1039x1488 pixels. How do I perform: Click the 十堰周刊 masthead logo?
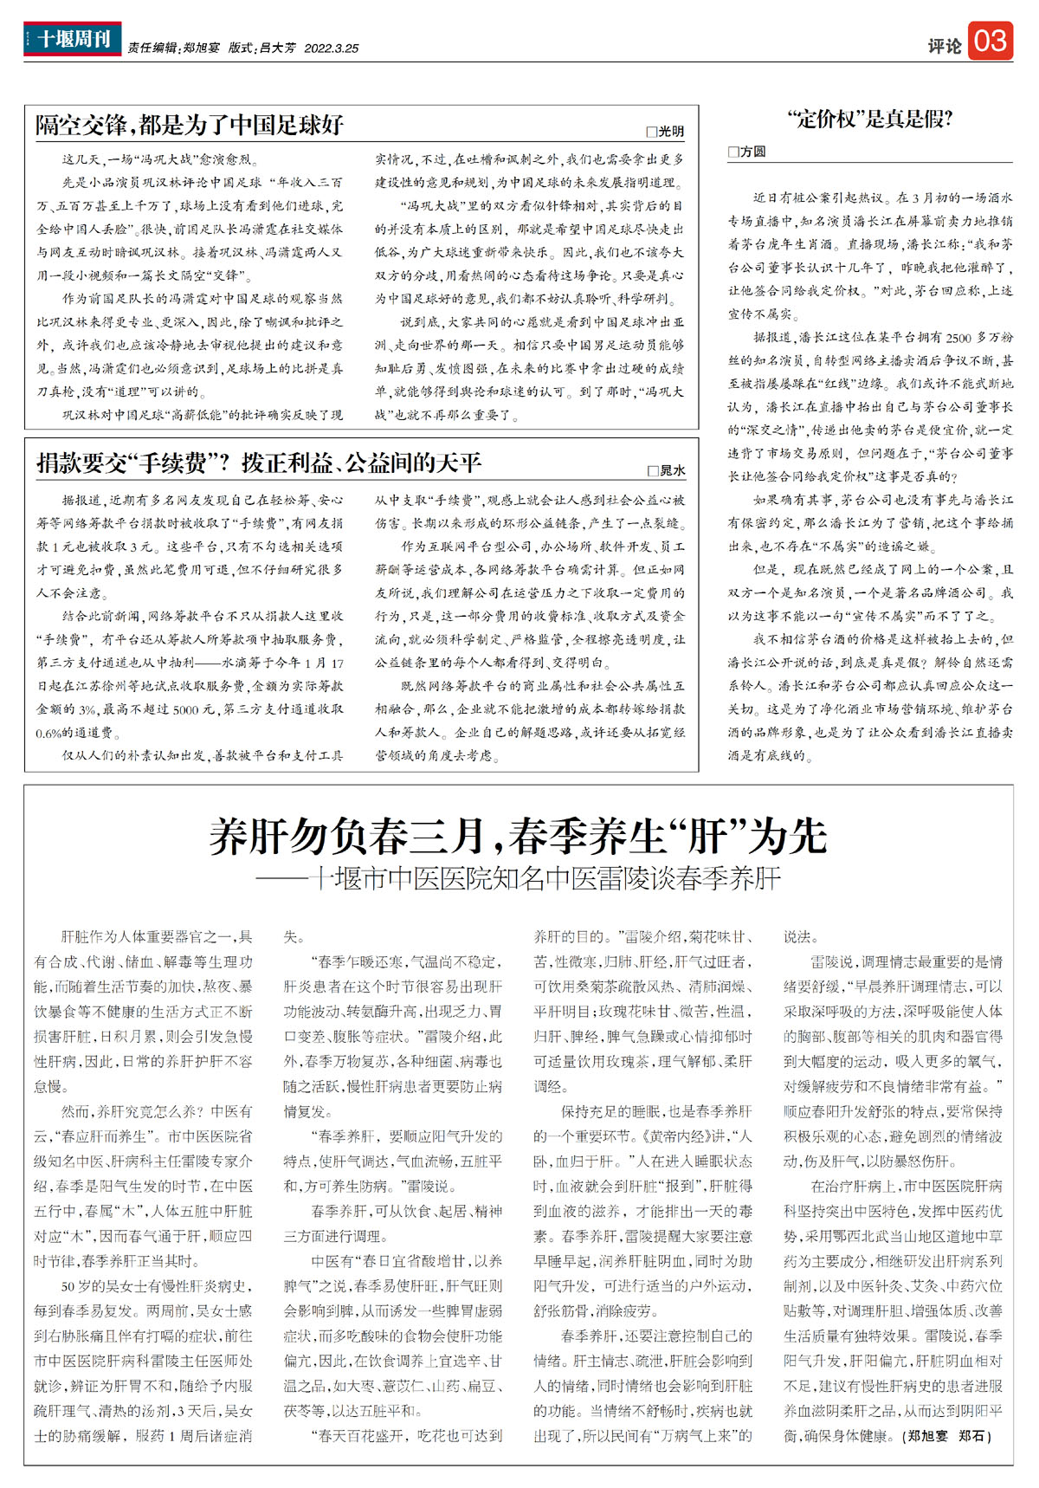pos(73,39)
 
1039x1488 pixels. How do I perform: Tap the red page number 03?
pos(991,41)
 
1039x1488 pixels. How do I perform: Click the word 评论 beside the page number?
pos(944,46)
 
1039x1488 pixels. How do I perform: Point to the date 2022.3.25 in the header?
pos(331,49)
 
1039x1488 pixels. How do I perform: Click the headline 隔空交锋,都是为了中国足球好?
pos(190,125)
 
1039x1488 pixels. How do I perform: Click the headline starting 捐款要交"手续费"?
pos(258,463)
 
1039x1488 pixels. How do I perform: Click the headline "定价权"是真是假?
pos(870,120)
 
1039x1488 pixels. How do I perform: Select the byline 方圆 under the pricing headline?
pos(752,152)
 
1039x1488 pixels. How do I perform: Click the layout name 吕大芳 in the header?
pos(278,49)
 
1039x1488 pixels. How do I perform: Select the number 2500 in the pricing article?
pos(958,338)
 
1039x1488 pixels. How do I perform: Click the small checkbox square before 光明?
pos(651,133)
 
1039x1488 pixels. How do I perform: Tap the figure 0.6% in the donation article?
pos(50,733)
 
